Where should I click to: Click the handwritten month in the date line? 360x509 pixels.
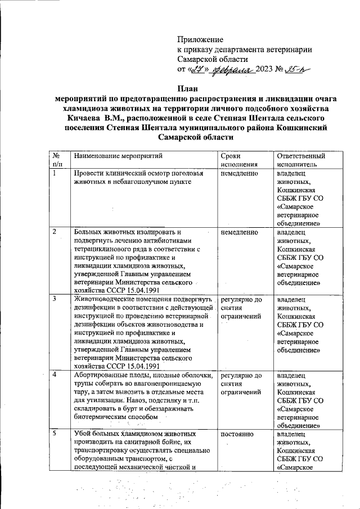point(234,70)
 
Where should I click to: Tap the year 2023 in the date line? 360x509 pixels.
point(264,70)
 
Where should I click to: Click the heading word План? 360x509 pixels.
point(188,88)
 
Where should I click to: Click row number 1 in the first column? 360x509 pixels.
point(55,173)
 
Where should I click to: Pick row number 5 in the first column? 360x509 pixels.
point(55,434)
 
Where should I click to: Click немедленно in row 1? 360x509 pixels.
point(240,174)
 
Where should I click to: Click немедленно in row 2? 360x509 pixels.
point(240,232)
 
